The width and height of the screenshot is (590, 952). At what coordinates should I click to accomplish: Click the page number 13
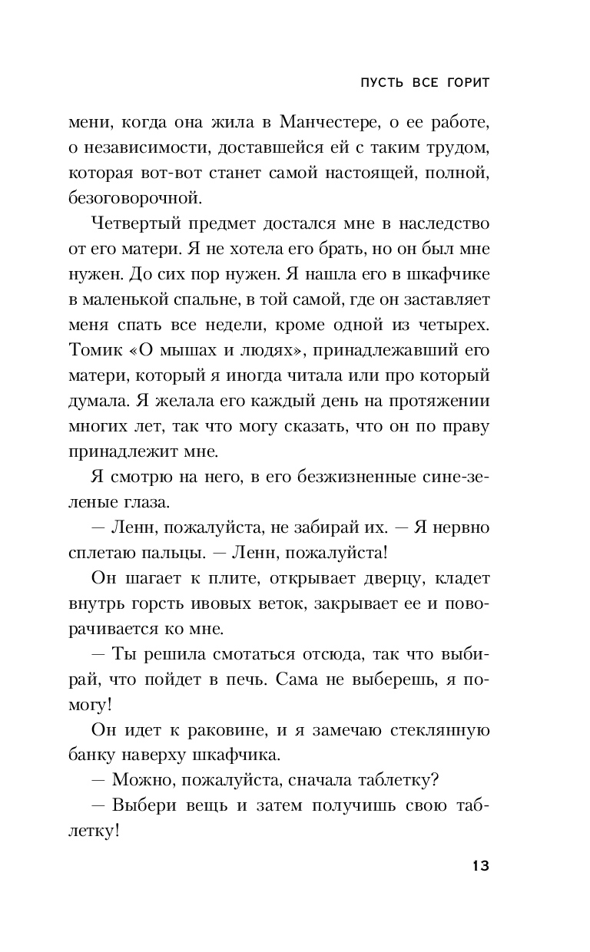tap(479, 866)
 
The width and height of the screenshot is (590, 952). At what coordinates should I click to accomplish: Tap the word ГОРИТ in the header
tap(462, 83)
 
